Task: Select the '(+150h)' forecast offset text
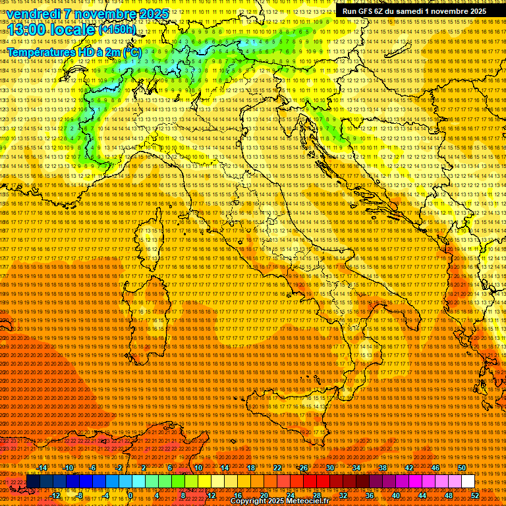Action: (x=117, y=29)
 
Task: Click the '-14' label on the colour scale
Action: (x=42, y=468)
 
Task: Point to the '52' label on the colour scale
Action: (x=474, y=495)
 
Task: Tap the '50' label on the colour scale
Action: (x=461, y=468)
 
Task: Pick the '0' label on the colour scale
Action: (x=131, y=495)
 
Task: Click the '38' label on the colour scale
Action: (x=382, y=468)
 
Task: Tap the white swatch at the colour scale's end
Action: (x=468, y=482)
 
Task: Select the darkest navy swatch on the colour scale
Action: (x=32, y=482)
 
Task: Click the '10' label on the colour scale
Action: (x=198, y=468)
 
